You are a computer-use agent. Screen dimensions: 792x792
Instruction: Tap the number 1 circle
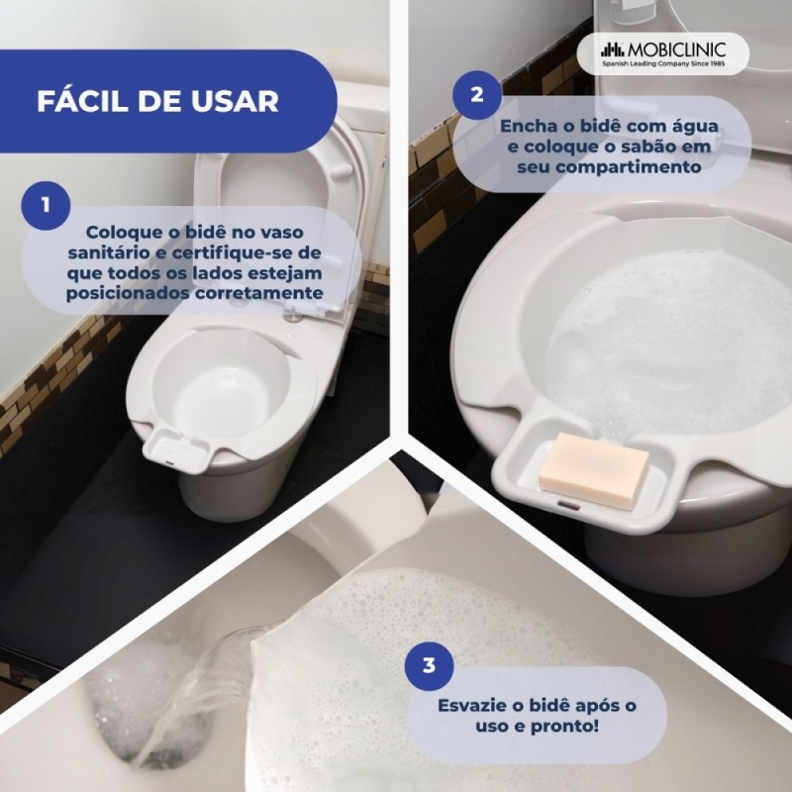click(x=46, y=206)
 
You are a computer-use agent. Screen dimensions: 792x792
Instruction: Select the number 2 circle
click(x=477, y=94)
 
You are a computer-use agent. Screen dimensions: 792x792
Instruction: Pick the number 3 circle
click(x=430, y=665)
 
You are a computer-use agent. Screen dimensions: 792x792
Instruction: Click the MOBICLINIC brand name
click(x=677, y=50)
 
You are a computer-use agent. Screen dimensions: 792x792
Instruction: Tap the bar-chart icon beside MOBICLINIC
click(x=613, y=50)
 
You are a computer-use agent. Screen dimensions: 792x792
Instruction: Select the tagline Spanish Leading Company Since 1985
click(x=663, y=63)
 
